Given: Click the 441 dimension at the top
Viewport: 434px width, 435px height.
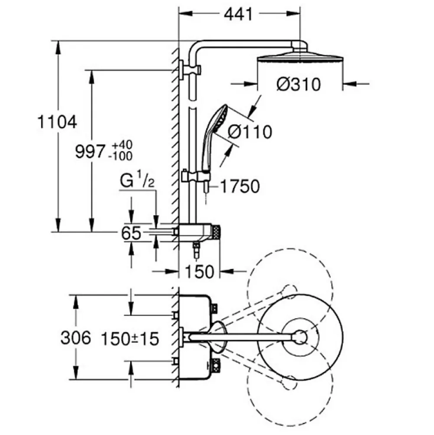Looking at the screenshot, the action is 238,14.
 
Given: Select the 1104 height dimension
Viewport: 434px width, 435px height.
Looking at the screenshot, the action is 57,122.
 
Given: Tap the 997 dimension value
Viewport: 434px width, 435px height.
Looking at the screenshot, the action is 90,152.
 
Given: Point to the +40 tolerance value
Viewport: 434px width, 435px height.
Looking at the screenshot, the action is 122,145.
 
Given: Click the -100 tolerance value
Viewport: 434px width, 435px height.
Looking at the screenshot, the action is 121,156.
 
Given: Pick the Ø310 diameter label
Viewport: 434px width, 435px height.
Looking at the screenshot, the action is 299,84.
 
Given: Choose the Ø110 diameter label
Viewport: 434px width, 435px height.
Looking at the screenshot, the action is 250,132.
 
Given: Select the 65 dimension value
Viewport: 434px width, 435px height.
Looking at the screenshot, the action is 131,233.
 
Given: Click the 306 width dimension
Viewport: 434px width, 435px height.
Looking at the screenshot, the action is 76,338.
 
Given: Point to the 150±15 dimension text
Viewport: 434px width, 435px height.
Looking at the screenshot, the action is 130,339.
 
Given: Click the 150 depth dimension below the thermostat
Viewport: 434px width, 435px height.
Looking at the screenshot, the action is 200,272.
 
